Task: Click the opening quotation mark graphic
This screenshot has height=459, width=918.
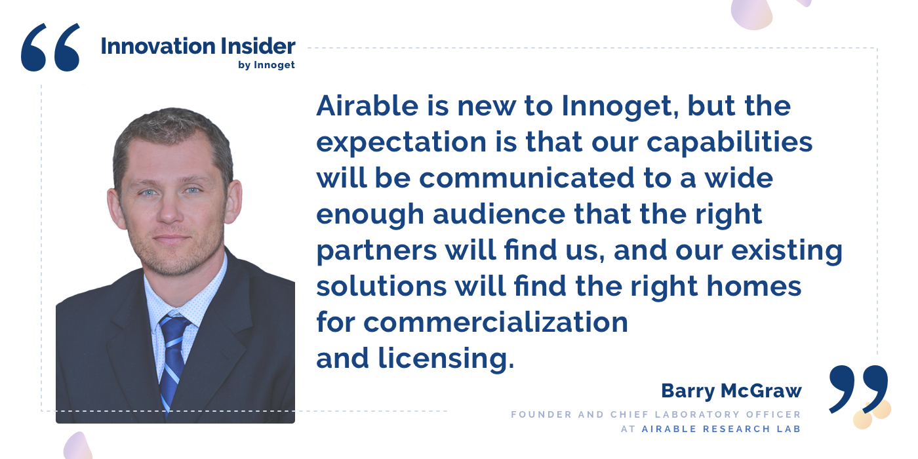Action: [50, 47]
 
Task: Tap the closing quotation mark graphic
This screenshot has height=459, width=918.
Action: [858, 389]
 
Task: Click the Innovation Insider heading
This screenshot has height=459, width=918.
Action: [197, 47]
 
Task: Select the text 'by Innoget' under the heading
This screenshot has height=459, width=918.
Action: [266, 65]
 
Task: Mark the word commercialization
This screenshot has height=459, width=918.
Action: [496, 322]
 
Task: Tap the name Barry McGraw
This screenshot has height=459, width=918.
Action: [730, 391]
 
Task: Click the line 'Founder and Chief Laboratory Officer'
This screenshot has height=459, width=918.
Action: [656, 414]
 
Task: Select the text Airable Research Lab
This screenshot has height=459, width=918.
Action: [721, 429]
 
